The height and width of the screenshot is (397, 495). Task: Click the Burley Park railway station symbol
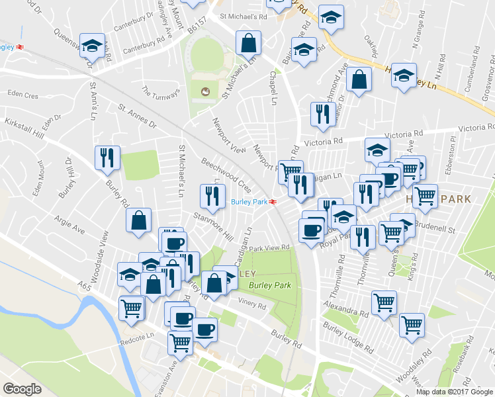click(273, 202)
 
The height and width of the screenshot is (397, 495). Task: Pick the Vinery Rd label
click(252, 306)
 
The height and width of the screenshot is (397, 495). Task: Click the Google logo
click(22, 389)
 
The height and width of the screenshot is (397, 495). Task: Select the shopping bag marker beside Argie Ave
click(140, 222)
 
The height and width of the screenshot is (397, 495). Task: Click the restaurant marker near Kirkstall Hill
click(107, 158)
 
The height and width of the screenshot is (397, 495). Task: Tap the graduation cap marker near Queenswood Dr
click(93, 46)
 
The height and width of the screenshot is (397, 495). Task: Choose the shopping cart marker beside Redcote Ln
click(132, 308)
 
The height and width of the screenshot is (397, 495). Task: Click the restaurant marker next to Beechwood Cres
click(212, 195)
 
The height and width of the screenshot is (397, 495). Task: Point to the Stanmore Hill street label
click(213, 226)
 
